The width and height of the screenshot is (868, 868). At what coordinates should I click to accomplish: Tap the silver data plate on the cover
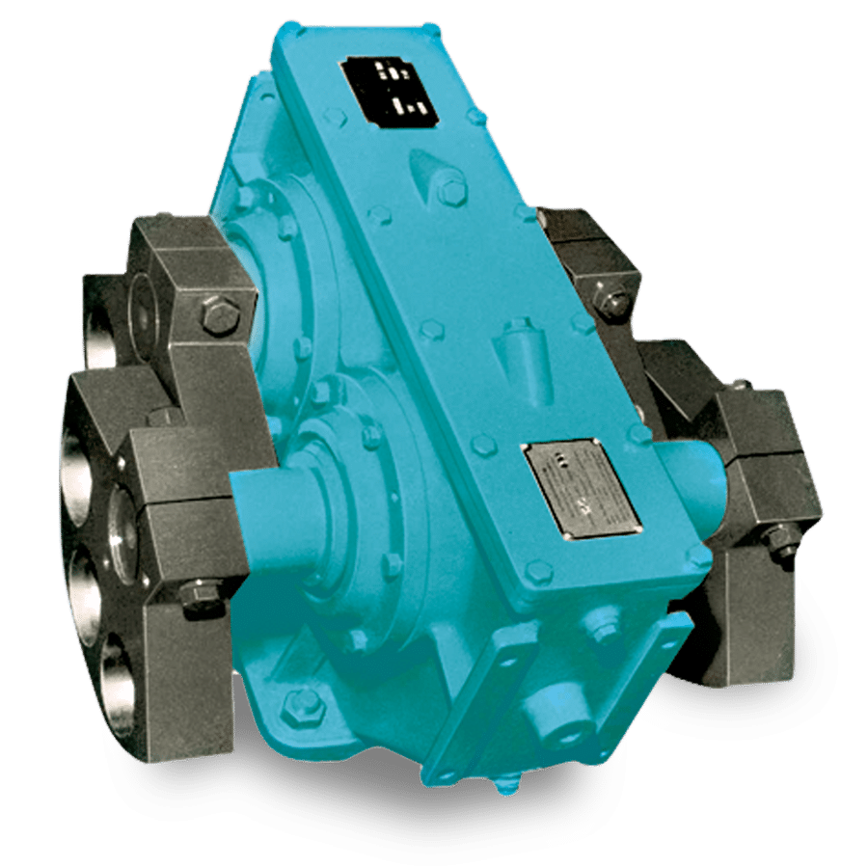click(x=581, y=488)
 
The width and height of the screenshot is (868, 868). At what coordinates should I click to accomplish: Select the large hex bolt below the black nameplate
click(x=451, y=190)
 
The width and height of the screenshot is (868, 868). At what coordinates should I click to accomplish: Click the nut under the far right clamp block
click(x=783, y=549)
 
